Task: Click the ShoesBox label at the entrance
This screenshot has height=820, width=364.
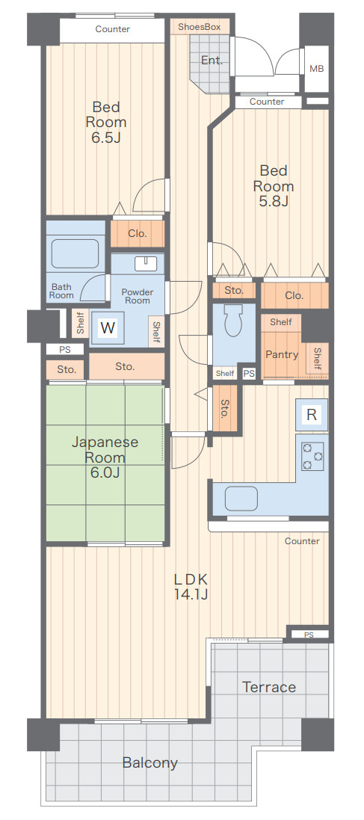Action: click(200, 26)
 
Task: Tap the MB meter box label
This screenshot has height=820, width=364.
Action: click(316, 69)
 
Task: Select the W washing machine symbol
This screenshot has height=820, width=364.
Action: click(108, 328)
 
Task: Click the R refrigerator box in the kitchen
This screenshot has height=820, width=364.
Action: click(312, 415)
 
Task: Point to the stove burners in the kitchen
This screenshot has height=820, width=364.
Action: click(312, 456)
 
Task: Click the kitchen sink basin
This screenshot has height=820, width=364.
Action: click(241, 498)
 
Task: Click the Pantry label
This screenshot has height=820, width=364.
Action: click(282, 354)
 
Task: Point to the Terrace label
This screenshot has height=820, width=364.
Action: click(269, 687)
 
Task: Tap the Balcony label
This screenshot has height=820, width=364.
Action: click(150, 763)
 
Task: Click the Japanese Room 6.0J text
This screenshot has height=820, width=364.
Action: click(105, 457)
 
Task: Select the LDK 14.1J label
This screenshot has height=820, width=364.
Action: click(191, 586)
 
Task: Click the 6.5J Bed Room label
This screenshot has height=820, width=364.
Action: click(106, 123)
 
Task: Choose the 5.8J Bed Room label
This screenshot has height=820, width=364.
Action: click(274, 185)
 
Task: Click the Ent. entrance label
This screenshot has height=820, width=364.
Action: click(212, 60)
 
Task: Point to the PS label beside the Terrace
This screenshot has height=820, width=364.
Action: click(309, 635)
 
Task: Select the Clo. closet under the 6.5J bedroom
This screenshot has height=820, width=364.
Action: click(138, 233)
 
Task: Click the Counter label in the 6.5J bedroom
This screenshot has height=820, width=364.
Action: click(112, 29)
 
